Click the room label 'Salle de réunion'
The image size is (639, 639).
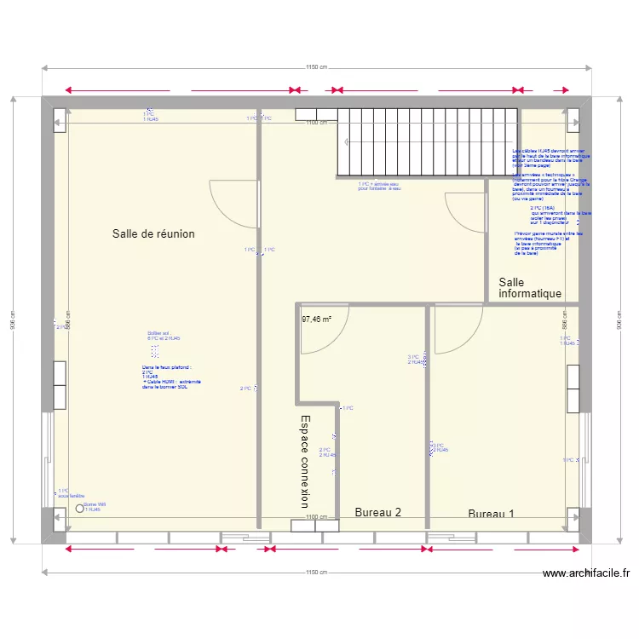pos(153,233)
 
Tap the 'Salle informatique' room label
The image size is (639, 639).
pos(530,288)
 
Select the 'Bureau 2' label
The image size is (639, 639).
pos(377,512)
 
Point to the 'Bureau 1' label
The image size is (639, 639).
pos(492,514)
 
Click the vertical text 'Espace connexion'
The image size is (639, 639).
pos(304,462)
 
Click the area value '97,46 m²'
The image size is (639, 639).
pos(316,320)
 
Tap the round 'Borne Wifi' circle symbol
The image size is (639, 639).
pos(80,508)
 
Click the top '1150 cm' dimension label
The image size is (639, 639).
pos(317,66)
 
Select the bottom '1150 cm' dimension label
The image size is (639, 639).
pos(317,573)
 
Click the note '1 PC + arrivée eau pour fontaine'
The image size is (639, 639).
pos(378,185)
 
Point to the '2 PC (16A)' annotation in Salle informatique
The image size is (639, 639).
pos(542,208)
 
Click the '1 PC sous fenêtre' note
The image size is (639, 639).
pos(71,493)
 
